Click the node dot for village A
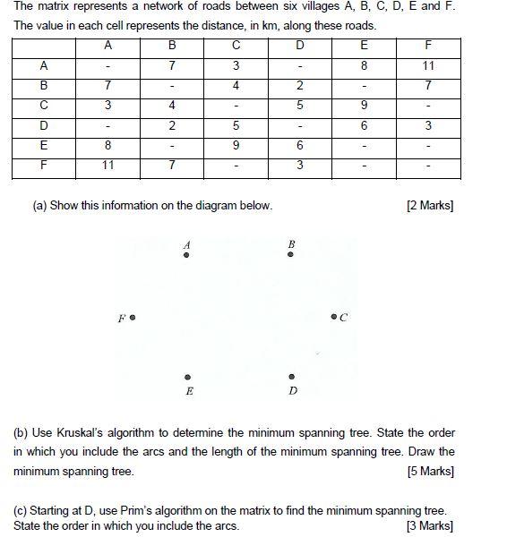tap(186, 255)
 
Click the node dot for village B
tap(290, 255)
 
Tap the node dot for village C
tap(333, 317)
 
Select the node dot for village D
tap(291, 377)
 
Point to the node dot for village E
tap(187, 377)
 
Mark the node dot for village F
tap(133, 317)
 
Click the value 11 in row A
tap(428, 65)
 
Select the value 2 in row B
tap(299, 86)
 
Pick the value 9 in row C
tap(364, 106)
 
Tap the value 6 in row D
tap(364, 126)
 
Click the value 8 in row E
tap(107, 146)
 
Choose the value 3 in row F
tap(299, 166)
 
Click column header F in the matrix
tap(428, 45)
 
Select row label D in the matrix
tap(43, 126)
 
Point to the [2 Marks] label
tap(430, 206)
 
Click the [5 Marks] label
tap(430, 471)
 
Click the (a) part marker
tap(39, 206)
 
